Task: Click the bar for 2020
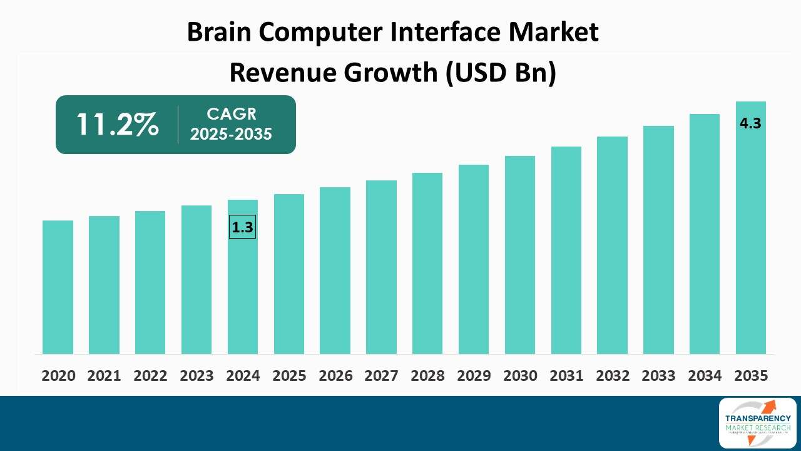pos(58,287)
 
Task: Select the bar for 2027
pos(381,267)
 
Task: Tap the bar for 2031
pos(566,250)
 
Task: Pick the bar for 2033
pos(658,239)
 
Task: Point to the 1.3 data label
pos(242,227)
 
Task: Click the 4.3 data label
pos(750,123)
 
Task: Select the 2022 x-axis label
pos(150,376)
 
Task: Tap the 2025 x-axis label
pos(289,376)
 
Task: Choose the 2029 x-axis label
pos(474,376)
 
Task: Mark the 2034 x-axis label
pos(705,376)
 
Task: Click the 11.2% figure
pos(117,125)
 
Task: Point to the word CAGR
pos(232,114)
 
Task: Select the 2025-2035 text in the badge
pos(232,134)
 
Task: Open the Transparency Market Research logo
pos(757,423)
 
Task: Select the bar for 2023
pos(196,279)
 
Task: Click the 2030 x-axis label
pos(520,376)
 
